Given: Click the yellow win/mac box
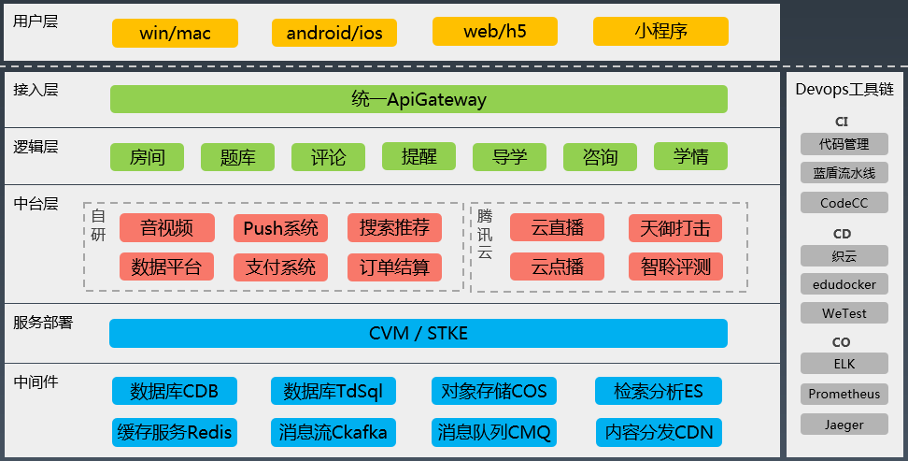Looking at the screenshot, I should click(x=175, y=34).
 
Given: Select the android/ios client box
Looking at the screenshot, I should click(x=334, y=34).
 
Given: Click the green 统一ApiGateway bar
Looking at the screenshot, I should click(x=419, y=99).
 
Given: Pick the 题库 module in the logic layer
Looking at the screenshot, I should click(x=237, y=157).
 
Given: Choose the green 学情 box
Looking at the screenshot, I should click(x=689, y=156).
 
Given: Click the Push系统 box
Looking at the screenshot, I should click(x=280, y=228).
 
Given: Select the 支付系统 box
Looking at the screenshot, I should click(x=280, y=267).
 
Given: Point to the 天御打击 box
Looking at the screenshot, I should click(x=675, y=228).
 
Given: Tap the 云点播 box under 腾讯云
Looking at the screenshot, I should click(x=557, y=267).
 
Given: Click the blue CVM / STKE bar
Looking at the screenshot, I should click(x=418, y=333).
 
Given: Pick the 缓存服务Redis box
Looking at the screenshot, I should click(x=174, y=432).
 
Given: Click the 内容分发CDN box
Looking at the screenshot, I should click(x=659, y=432).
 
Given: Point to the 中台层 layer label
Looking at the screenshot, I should click(x=36, y=202).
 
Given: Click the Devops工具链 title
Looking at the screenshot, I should click(x=844, y=90).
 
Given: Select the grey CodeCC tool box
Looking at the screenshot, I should click(x=844, y=203).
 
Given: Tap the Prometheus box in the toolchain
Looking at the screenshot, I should click(x=844, y=394).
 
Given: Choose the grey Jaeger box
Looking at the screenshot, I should click(x=844, y=425).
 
